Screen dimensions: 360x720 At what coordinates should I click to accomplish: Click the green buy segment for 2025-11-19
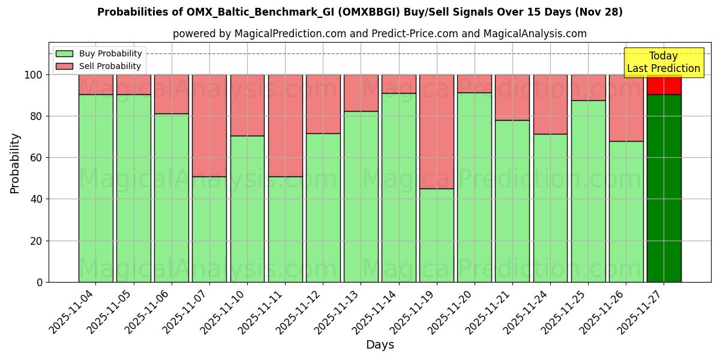pyautogui.click(x=436, y=235)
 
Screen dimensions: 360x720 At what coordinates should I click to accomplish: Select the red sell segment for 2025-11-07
pyautogui.click(x=209, y=125)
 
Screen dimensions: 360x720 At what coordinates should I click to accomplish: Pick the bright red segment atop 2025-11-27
pyautogui.click(x=664, y=85)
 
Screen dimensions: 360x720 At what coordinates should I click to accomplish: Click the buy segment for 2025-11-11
pyautogui.click(x=285, y=229)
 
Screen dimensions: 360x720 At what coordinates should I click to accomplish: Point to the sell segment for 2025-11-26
pyautogui.click(x=626, y=108)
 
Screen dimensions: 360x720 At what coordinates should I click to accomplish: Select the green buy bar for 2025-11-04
pyautogui.click(x=95, y=188)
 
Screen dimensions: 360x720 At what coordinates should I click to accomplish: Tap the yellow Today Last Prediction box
pyautogui.click(x=663, y=62)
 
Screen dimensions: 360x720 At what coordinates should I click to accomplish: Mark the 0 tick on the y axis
pyautogui.click(x=40, y=282)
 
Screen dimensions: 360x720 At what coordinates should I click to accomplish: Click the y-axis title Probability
pyautogui.click(x=15, y=163)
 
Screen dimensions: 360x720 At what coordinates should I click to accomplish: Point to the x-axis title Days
pyautogui.click(x=380, y=345)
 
